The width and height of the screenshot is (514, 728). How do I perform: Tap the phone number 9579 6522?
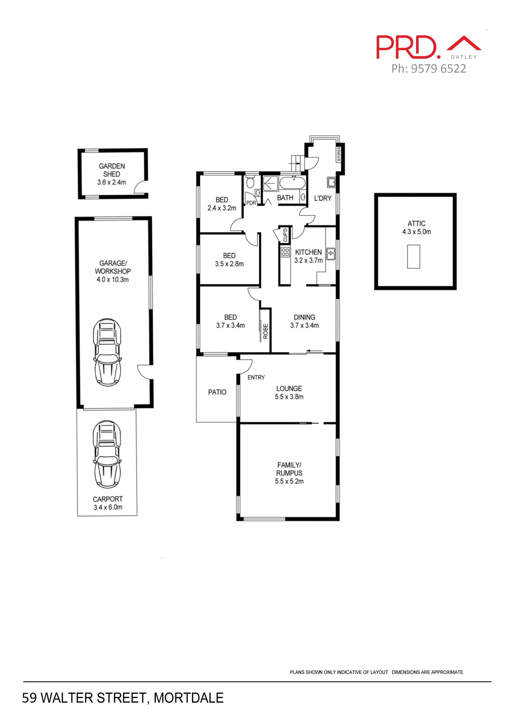click(438, 69)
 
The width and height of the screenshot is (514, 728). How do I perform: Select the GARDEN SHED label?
click(112, 170)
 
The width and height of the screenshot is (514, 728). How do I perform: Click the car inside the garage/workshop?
click(108, 352)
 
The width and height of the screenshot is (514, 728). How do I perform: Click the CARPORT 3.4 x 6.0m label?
click(108, 503)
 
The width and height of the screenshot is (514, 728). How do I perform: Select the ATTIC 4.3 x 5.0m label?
click(416, 227)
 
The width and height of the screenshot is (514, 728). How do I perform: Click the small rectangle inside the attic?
click(413, 256)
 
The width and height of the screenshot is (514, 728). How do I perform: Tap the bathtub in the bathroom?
click(292, 184)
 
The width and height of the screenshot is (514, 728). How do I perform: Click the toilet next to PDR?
click(250, 184)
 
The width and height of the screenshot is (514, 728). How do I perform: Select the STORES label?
click(339, 154)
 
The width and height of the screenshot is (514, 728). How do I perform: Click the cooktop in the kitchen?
click(285, 252)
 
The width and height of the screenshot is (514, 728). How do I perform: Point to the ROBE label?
click(266, 331)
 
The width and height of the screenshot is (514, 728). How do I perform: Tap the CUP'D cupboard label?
click(285, 235)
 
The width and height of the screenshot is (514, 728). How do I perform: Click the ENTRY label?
click(256, 377)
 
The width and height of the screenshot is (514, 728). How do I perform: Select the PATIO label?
click(217, 392)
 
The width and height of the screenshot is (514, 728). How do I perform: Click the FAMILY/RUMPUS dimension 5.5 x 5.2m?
click(289, 481)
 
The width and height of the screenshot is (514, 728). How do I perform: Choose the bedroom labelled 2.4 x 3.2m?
click(222, 204)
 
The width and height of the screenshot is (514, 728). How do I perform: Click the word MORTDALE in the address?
click(189, 698)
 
